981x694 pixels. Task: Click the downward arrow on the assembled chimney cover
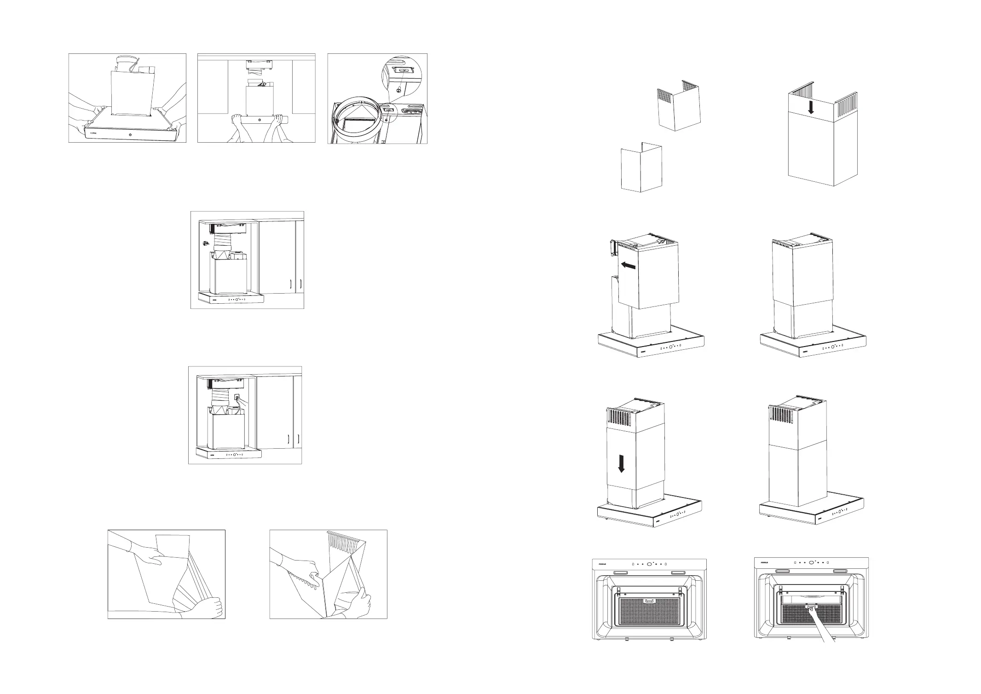pyautogui.click(x=812, y=107)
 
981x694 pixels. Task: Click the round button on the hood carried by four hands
pyautogui.click(x=130, y=135)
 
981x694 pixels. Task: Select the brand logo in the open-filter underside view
pyautogui.click(x=765, y=562)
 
